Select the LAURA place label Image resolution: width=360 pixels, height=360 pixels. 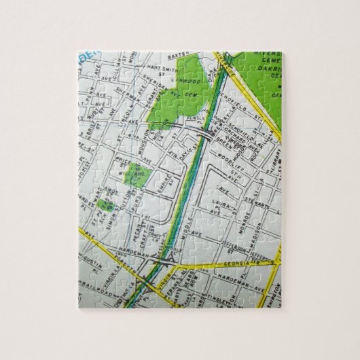tap(223, 202)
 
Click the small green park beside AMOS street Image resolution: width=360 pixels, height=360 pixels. tap(104, 202)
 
